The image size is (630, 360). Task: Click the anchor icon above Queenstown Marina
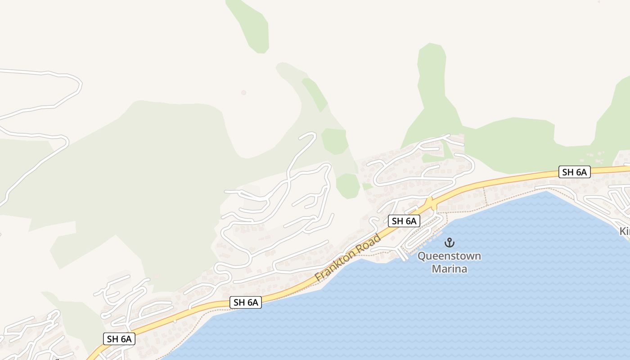[x=449, y=243]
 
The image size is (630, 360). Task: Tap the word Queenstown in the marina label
[x=449, y=256]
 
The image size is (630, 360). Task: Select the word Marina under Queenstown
[x=449, y=269]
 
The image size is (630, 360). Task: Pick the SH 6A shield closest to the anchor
[x=404, y=221]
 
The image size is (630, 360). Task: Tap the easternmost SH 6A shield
[x=574, y=172]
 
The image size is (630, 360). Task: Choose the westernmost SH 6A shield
[x=119, y=339]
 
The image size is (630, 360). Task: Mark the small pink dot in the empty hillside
[x=244, y=93]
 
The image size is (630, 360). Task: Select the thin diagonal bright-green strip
[x=315, y=94]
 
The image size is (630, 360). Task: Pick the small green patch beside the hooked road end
[x=335, y=140]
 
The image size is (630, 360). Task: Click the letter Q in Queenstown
[x=422, y=256]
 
